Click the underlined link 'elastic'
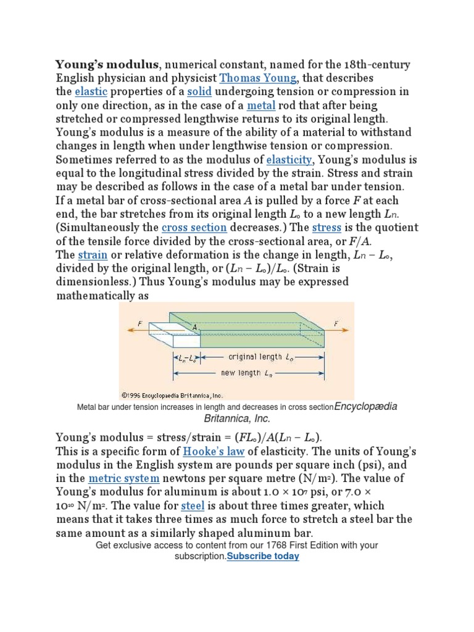91,92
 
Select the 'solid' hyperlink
199,92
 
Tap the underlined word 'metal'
260,106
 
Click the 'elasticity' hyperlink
289,160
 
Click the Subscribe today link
263,556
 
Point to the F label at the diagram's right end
336,322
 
